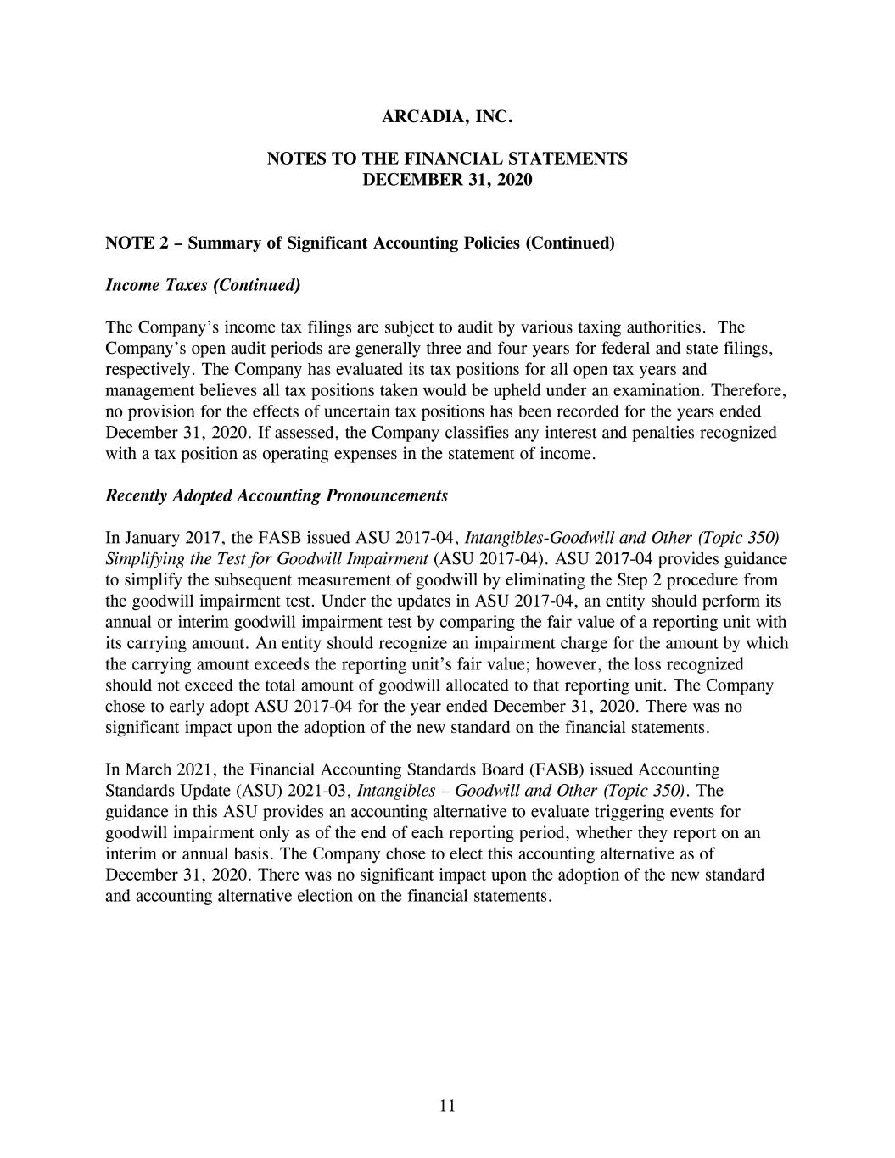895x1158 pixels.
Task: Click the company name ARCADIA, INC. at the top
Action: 447,117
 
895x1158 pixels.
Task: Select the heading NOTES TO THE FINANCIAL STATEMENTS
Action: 447,159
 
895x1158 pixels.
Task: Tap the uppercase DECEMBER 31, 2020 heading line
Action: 447,180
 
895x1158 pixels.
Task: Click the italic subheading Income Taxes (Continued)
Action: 203,285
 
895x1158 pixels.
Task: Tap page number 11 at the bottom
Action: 448,1105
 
